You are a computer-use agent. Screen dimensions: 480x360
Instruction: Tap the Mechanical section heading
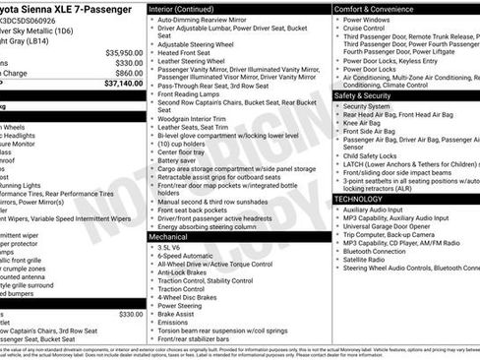click(172, 236)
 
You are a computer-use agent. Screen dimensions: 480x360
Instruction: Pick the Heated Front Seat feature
click(192, 52)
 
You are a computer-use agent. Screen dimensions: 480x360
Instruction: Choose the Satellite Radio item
click(374, 259)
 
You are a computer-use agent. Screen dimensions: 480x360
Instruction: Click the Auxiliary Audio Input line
click(385, 209)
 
